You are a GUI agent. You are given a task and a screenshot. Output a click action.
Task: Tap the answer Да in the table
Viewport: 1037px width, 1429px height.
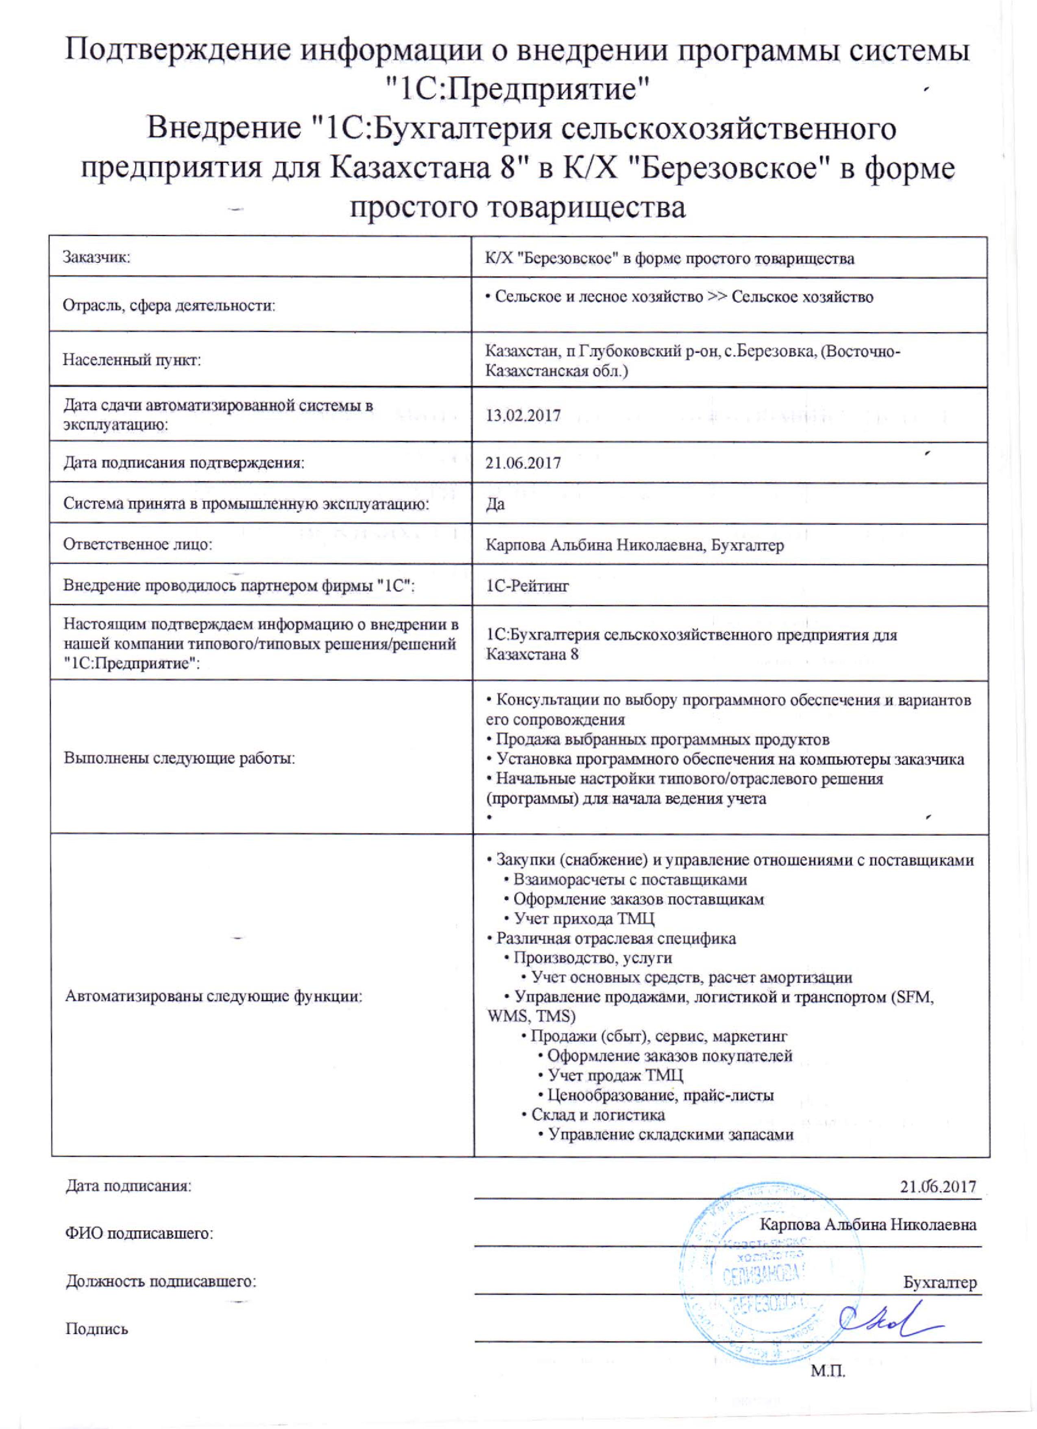495,504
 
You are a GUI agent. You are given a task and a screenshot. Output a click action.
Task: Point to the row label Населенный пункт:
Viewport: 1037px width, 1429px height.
132,360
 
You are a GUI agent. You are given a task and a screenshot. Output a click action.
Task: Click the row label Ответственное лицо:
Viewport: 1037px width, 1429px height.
137,544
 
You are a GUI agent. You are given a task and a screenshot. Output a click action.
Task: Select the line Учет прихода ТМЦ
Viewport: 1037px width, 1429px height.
584,918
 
